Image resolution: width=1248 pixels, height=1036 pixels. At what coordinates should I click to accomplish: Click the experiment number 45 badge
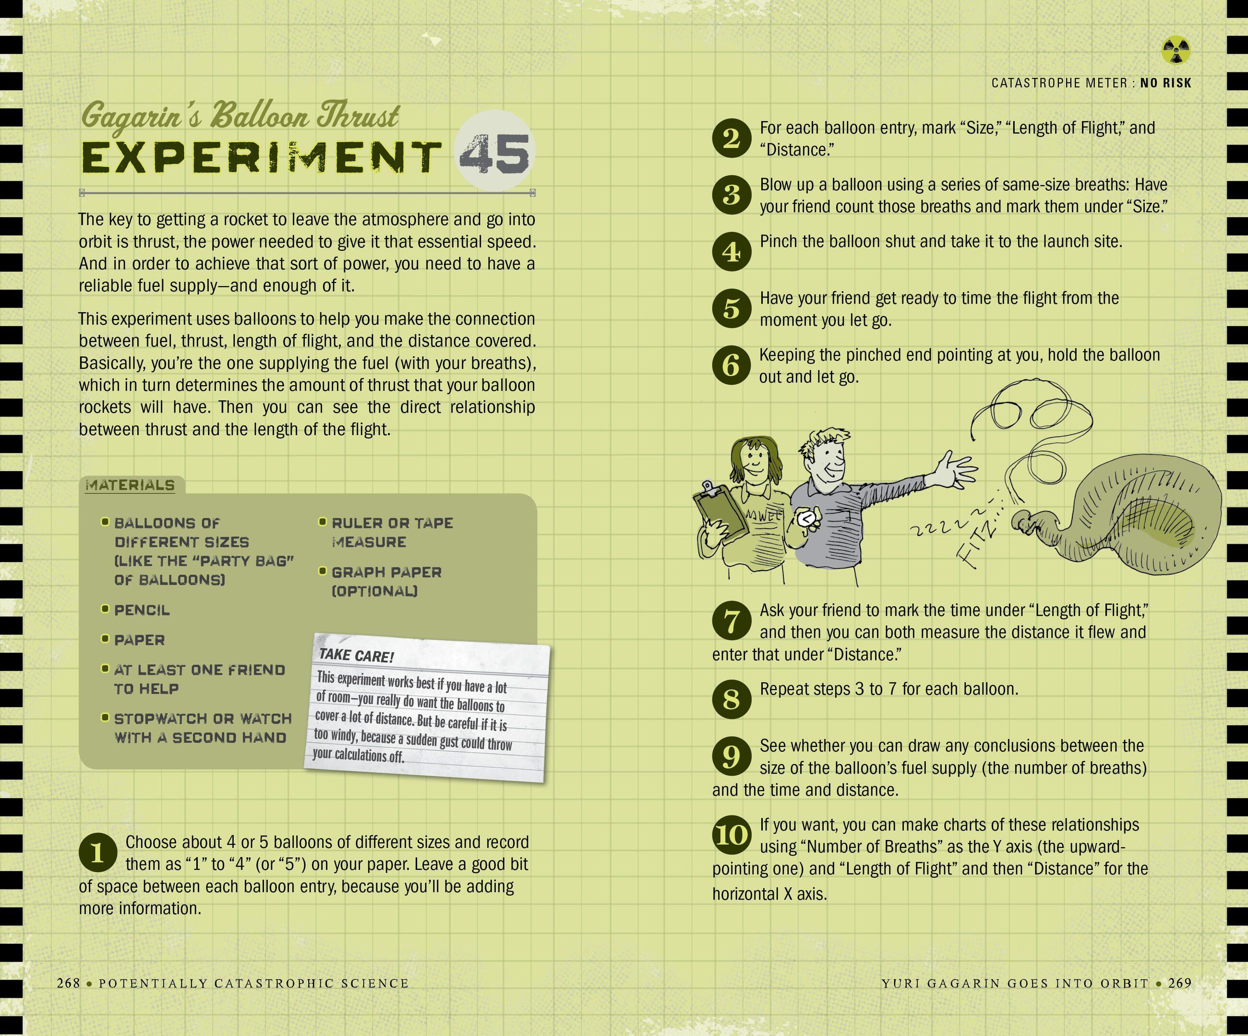coord(494,153)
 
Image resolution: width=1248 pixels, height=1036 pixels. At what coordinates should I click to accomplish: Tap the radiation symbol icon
coord(1176,50)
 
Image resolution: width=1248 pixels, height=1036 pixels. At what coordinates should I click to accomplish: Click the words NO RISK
coord(1166,83)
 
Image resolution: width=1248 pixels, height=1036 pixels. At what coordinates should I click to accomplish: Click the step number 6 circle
coord(732,365)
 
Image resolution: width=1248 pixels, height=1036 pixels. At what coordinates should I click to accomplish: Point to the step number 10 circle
coord(732,835)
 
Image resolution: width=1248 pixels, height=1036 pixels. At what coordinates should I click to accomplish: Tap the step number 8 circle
coord(732,699)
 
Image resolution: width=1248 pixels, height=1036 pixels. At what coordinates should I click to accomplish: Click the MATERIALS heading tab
coord(131,485)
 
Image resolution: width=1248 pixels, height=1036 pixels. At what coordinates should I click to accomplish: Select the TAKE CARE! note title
coord(356,656)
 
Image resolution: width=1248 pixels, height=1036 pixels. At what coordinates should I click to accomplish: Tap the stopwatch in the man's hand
coord(807,519)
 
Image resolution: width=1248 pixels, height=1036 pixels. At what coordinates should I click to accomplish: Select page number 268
coord(68,983)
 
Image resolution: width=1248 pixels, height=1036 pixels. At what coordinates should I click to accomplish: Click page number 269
coord(1180,983)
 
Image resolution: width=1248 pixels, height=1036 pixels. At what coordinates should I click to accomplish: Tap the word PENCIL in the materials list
coord(142,610)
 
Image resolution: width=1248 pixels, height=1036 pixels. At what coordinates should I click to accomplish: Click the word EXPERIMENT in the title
coord(260,157)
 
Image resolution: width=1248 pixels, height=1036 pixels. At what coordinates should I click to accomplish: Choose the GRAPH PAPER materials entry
coord(386,582)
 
